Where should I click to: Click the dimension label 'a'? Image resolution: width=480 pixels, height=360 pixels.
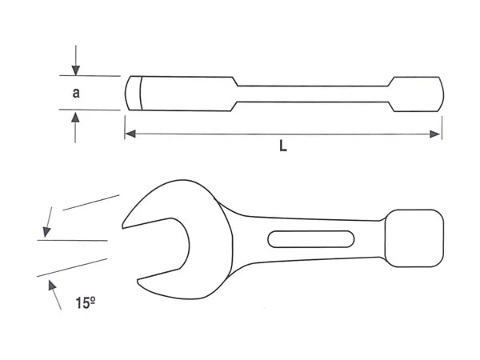(76, 93)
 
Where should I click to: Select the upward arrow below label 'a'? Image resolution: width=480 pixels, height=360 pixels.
(75, 126)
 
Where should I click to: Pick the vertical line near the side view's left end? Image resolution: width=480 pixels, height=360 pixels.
(141, 93)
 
